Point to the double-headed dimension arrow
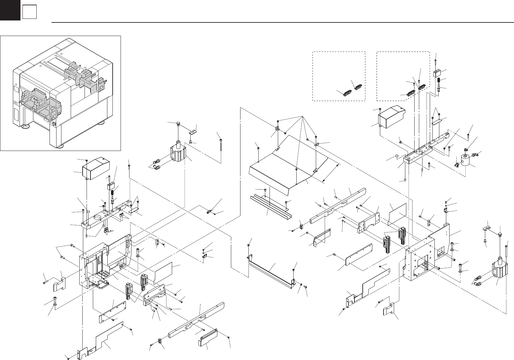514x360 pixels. pos(330,172)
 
